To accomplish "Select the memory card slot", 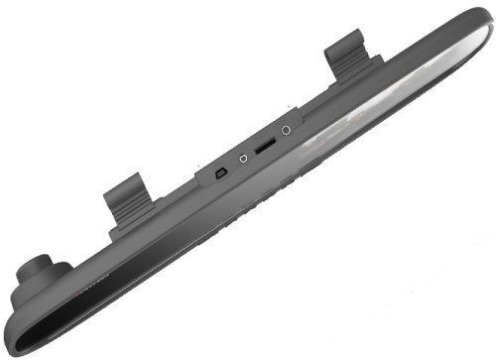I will [x=265, y=145].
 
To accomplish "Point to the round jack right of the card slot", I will [x=287, y=130].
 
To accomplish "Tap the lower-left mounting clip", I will [x=126, y=201].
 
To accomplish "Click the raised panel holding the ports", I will [x=253, y=159].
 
